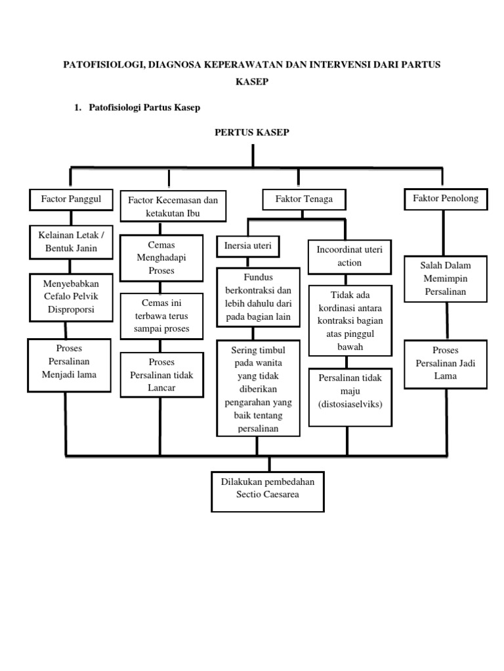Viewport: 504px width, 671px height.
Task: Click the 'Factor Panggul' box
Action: [71, 199]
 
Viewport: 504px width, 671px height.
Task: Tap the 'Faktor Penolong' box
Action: [446, 199]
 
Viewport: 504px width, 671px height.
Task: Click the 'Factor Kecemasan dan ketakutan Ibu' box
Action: [173, 206]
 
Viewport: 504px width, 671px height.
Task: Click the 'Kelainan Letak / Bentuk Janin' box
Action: [71, 242]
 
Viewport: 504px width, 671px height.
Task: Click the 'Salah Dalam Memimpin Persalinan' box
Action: [445, 278]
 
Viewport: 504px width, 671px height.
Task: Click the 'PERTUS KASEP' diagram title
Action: [252, 133]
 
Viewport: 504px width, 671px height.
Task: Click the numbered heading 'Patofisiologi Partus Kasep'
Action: [144, 107]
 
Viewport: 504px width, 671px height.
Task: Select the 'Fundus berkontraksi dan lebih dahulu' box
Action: [257, 297]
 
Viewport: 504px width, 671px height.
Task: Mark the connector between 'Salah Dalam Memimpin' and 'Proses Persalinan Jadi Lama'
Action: [448, 321]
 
